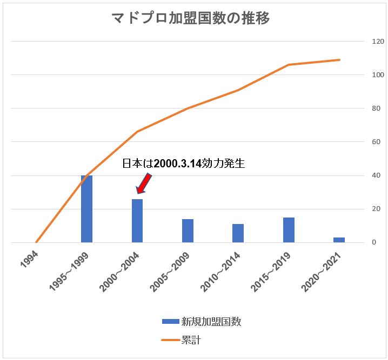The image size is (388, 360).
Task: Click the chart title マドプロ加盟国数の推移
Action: (191, 18)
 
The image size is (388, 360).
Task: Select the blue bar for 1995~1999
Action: (86, 209)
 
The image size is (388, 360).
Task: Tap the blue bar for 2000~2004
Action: (137, 221)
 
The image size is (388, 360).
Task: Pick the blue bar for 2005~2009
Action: (188, 231)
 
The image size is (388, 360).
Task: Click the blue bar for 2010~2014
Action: (238, 233)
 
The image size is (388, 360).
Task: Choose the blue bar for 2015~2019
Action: (289, 230)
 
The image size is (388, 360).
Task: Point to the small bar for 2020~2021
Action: (339, 240)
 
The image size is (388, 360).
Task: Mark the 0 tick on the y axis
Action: (373, 242)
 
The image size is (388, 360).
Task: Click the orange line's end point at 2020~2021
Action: (339, 60)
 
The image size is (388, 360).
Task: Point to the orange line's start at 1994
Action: (36, 242)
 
